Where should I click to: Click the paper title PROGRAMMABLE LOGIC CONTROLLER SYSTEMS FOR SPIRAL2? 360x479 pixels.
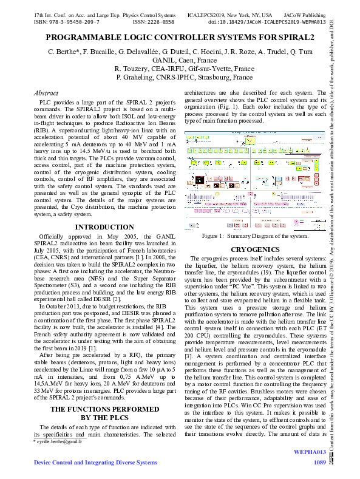tap(180, 38)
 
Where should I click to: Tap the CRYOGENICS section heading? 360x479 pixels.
tap(255, 249)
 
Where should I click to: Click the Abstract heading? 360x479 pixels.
tap(46, 93)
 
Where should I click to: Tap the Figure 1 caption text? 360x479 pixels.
tap(255, 236)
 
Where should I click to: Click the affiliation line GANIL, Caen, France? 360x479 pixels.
tap(180, 61)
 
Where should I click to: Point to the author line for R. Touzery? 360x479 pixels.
tap(180, 70)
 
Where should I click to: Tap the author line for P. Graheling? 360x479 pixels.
tap(180, 78)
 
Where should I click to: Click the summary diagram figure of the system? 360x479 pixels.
tap(255, 180)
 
